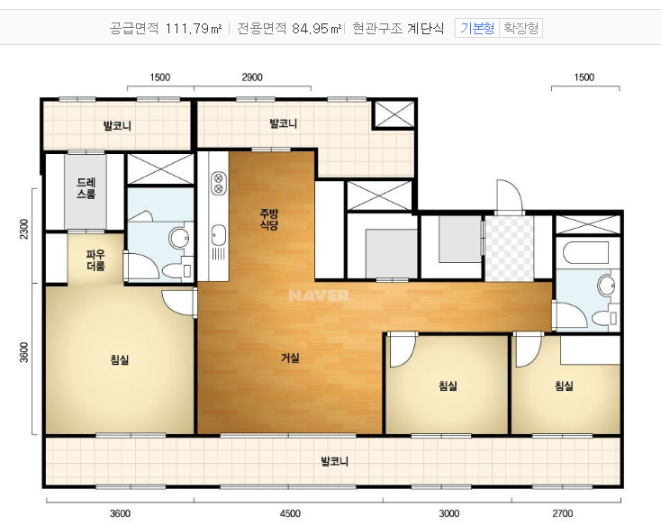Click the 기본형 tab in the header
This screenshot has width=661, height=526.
click(x=477, y=28)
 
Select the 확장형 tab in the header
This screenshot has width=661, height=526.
click(x=521, y=28)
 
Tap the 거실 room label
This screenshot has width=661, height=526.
click(x=290, y=358)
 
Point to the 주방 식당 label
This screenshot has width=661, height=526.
click(x=269, y=219)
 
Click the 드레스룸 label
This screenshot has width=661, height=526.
click(x=86, y=188)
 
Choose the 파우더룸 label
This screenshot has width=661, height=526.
click(x=95, y=260)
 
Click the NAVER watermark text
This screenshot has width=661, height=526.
click(x=319, y=295)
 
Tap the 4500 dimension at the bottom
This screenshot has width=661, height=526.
click(x=290, y=513)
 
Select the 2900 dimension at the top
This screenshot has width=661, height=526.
click(x=252, y=77)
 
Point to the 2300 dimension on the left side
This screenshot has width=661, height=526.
click(x=24, y=229)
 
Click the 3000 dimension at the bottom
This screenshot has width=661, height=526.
click(x=449, y=513)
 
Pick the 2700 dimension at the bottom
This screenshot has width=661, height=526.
click(x=563, y=513)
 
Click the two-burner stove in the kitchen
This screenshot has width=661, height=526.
click(x=218, y=183)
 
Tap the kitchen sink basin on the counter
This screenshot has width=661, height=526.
click(x=218, y=235)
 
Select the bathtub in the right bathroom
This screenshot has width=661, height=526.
click(x=586, y=253)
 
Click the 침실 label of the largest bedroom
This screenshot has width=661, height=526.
click(x=119, y=360)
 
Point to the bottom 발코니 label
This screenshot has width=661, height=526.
click(x=334, y=461)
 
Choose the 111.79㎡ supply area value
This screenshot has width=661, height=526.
click(x=193, y=28)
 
